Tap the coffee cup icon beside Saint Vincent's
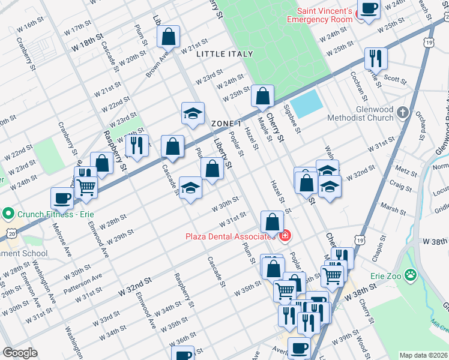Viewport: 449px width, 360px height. point(367,10)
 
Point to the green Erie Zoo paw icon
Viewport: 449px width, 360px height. point(411,275)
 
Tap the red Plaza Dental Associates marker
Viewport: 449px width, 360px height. point(285,235)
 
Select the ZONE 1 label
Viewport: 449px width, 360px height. point(226,123)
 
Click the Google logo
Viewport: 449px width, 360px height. point(20,353)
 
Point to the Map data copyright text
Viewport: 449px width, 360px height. point(424,355)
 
